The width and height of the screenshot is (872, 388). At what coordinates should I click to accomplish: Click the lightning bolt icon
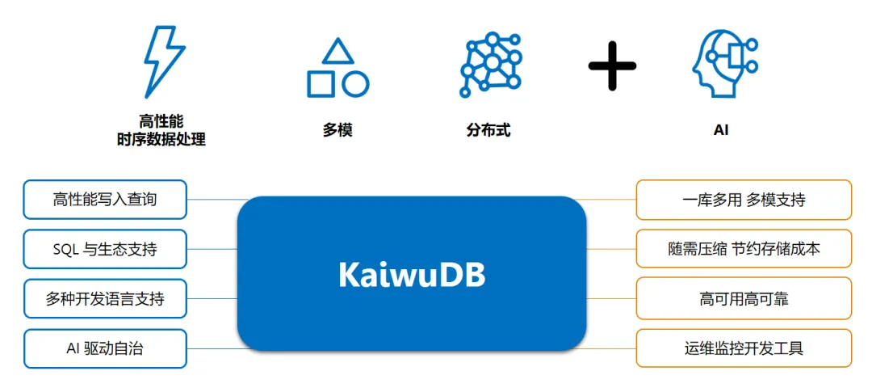click(x=163, y=61)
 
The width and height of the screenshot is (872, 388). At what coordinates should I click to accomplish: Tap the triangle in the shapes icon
click(x=337, y=52)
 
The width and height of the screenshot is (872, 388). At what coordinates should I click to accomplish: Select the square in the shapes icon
click(x=321, y=84)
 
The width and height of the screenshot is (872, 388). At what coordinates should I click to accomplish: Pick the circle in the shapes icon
click(x=355, y=84)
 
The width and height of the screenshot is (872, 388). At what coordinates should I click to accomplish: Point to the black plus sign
click(x=612, y=65)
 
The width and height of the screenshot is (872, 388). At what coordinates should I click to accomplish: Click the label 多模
click(x=337, y=129)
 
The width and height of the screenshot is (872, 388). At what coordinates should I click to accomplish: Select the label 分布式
click(x=488, y=129)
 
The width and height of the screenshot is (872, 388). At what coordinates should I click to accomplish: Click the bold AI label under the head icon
click(x=721, y=129)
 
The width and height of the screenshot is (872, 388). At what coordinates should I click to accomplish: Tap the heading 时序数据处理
click(x=161, y=140)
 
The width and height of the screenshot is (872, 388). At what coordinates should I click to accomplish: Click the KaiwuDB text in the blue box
click(x=412, y=275)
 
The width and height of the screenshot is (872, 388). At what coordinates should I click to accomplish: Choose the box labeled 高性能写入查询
click(x=105, y=200)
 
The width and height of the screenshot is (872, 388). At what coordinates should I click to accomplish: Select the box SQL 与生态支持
click(x=105, y=249)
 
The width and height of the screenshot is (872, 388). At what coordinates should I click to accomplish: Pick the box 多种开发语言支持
click(x=105, y=299)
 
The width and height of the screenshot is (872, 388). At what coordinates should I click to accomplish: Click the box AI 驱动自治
click(x=105, y=348)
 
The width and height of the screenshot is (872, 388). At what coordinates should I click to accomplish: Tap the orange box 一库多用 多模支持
click(x=744, y=200)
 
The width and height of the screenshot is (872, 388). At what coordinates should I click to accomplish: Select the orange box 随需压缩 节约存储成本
click(x=744, y=249)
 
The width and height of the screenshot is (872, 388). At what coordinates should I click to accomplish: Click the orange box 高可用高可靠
click(x=744, y=299)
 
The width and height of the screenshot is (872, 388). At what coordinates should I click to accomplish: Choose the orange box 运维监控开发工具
click(x=744, y=348)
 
